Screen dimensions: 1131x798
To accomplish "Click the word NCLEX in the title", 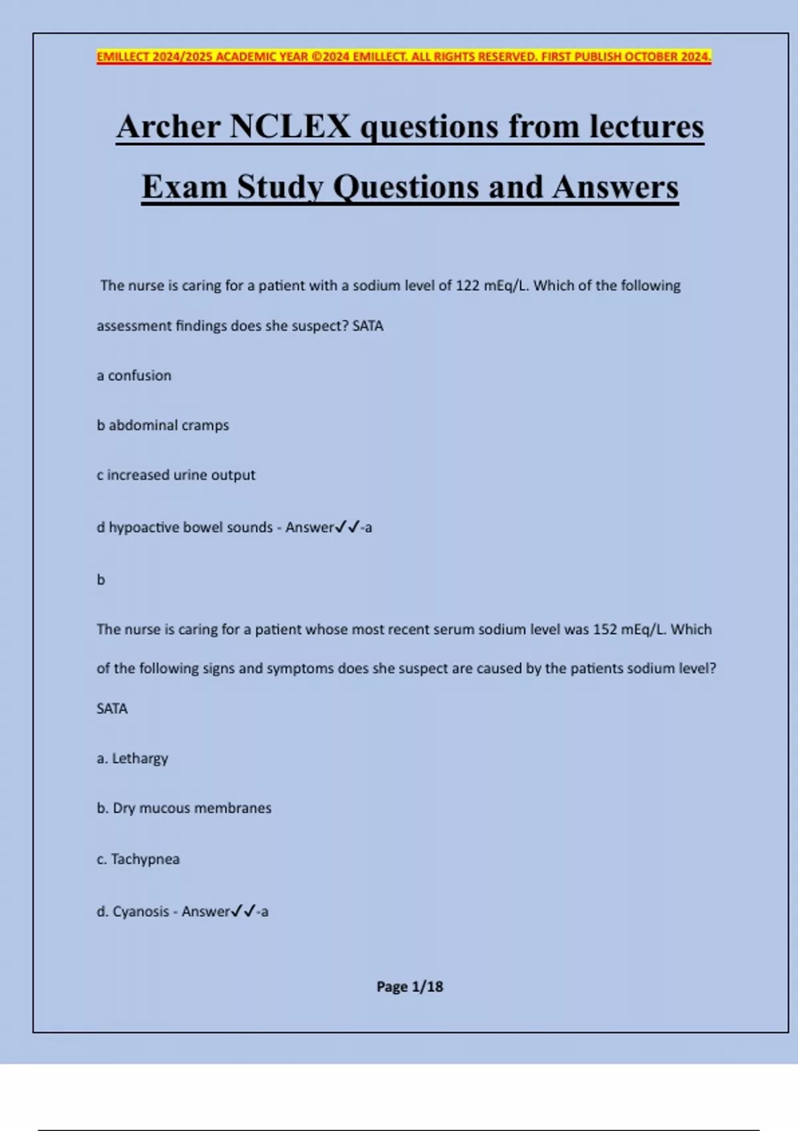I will point(289,126).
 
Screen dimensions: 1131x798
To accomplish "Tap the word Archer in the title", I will point(169,126).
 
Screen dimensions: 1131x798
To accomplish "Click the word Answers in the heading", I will point(615,187).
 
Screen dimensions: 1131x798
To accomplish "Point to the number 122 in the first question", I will point(467,286).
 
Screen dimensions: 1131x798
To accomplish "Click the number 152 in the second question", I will point(605,629).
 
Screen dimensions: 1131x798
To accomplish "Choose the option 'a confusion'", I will point(134,376).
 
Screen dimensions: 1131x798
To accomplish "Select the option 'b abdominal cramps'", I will point(163,426).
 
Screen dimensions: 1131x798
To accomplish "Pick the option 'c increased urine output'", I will point(176,475).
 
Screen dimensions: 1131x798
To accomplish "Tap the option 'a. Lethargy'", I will point(132,758).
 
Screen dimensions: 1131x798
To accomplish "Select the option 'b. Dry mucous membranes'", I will point(184,808).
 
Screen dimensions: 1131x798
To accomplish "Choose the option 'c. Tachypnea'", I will point(138,859).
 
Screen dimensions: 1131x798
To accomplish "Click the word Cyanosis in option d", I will point(140,911).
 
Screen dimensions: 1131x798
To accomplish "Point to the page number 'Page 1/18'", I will point(410,987).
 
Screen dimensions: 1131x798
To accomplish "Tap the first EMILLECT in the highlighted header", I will point(123,57).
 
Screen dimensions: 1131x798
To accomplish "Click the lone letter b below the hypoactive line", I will point(101,580).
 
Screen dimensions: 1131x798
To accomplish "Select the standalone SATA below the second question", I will point(112,709).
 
